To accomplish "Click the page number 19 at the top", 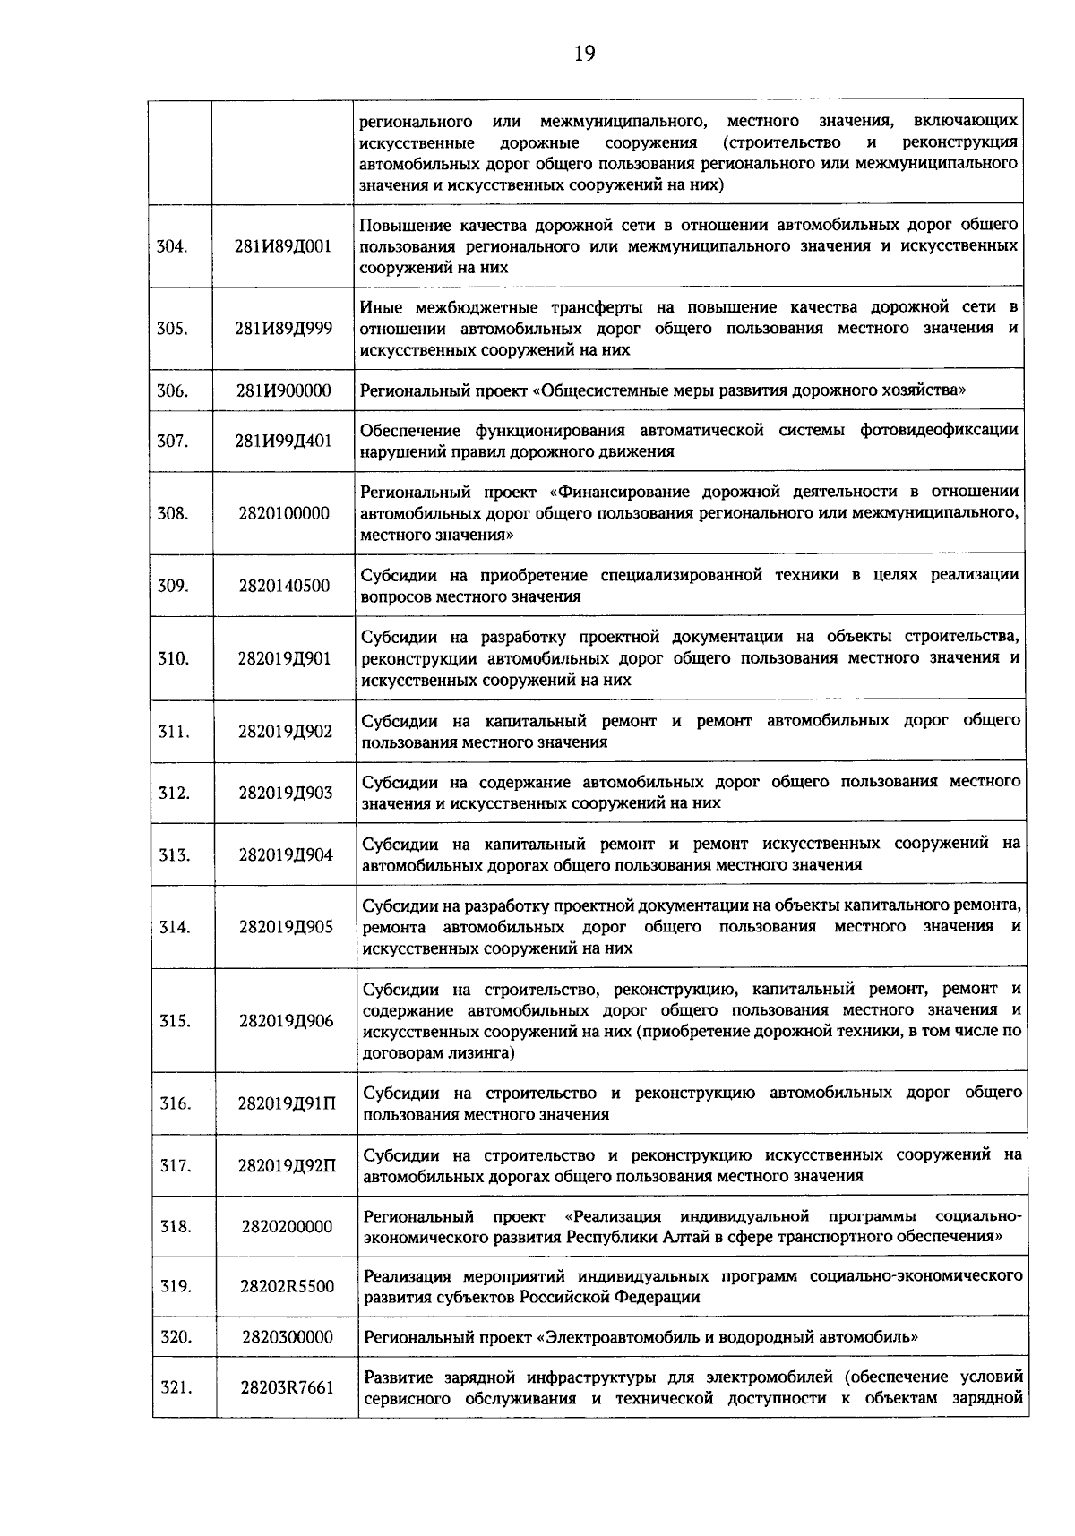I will click(x=584, y=54).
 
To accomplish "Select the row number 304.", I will click(x=172, y=246).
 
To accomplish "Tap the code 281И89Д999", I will click(x=283, y=329).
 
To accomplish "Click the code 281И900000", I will click(x=283, y=390).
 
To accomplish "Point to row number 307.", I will click(x=172, y=442).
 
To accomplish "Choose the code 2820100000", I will click(x=284, y=514).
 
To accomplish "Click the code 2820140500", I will click(x=284, y=587).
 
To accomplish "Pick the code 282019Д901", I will click(x=284, y=659).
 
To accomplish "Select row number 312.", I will click(x=174, y=793).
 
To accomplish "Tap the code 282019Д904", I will click(x=285, y=855).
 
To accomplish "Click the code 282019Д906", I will click(x=286, y=1022).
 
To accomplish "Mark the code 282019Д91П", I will click(x=287, y=1103).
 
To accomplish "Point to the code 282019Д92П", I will click(x=287, y=1166).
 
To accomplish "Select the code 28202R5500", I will click(x=287, y=1287).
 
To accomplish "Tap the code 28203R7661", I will click(x=287, y=1388).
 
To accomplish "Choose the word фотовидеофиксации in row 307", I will click(x=939, y=430).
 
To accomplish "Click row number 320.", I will click(x=176, y=1337).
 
